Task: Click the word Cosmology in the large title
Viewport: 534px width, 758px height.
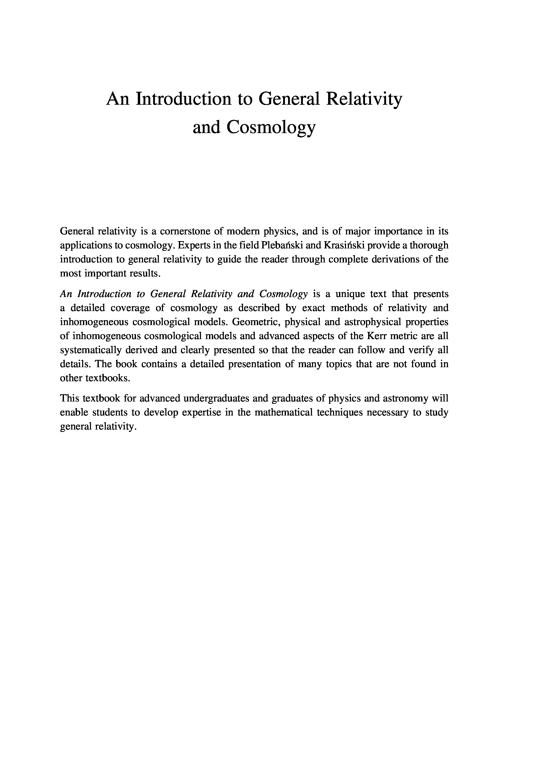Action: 271,127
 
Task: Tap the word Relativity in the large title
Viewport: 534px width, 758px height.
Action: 364,99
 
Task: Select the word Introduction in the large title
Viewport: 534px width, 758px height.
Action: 183,99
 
